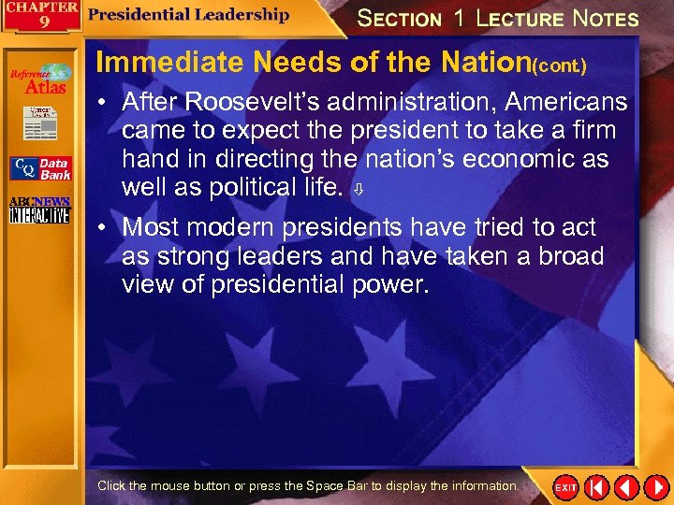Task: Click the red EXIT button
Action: coord(565,487)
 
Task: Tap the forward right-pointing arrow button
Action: coord(655,487)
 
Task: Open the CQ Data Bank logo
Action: coord(39,168)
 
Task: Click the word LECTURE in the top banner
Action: coord(519,19)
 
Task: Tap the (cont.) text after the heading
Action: coord(560,66)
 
